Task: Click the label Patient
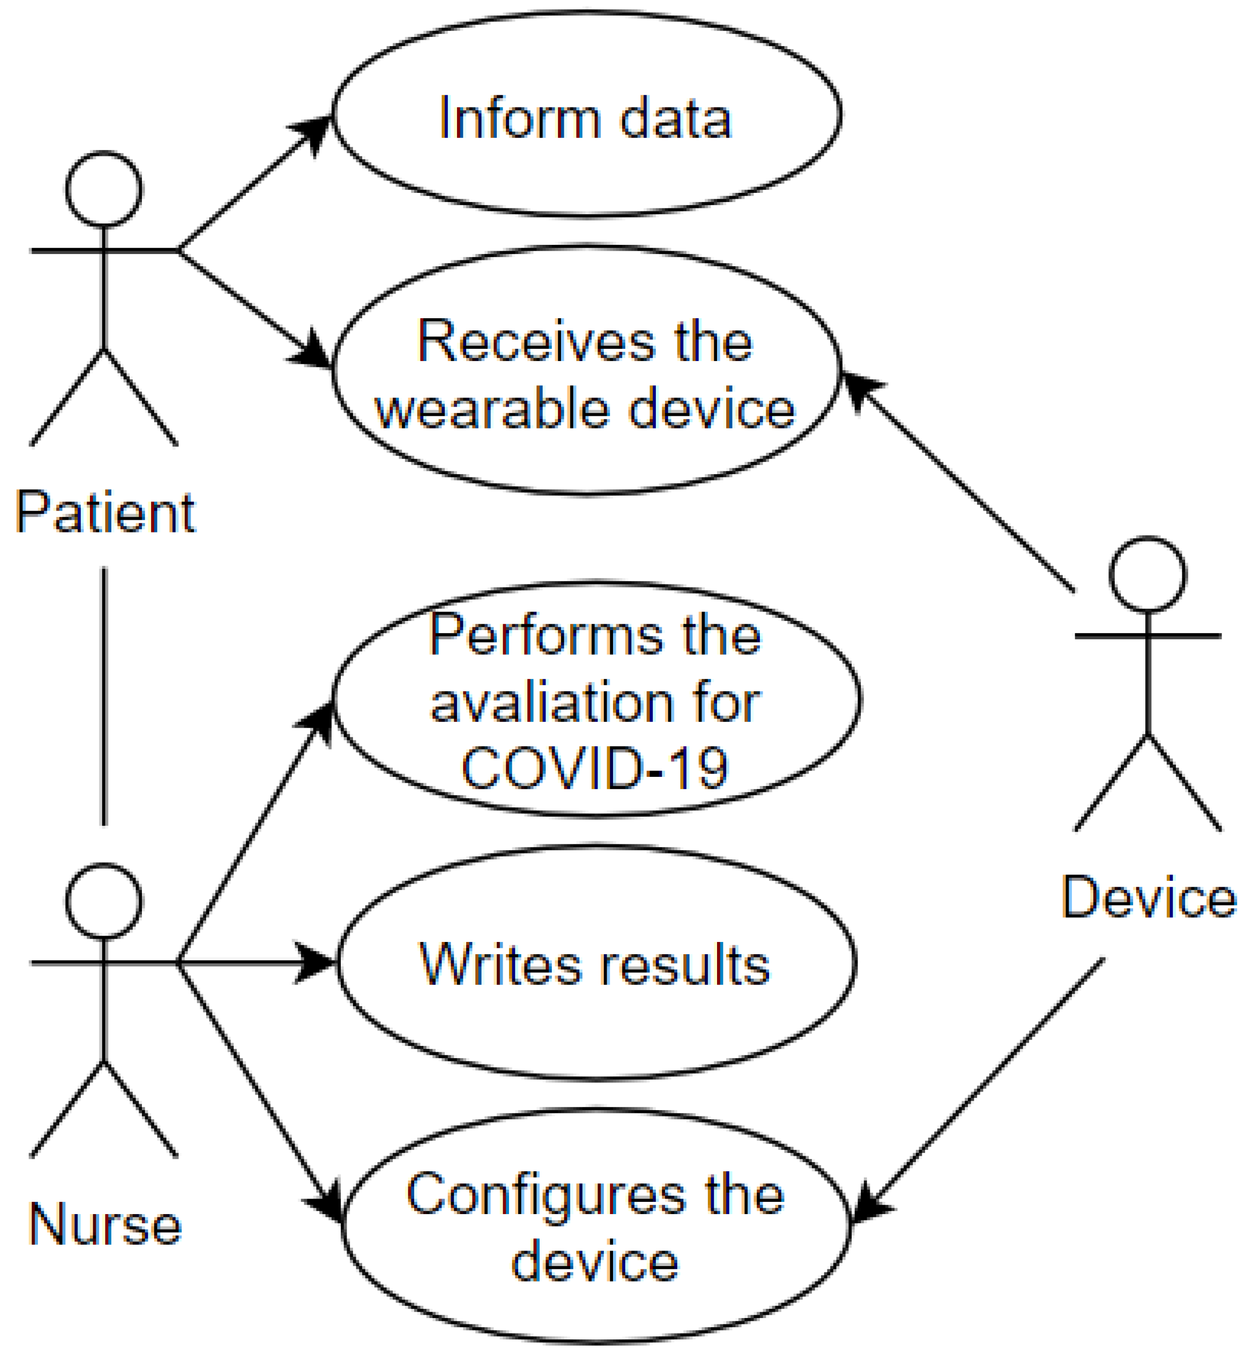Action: (x=105, y=513)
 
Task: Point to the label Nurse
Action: (x=105, y=1224)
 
